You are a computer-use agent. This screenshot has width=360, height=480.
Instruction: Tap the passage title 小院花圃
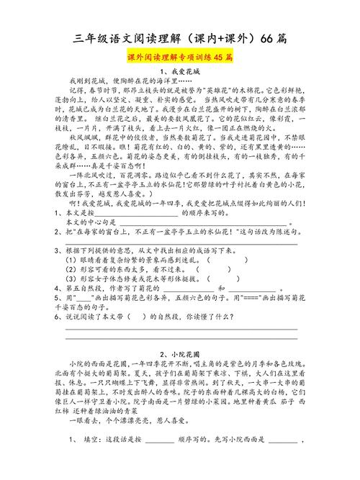coord(179,355)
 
